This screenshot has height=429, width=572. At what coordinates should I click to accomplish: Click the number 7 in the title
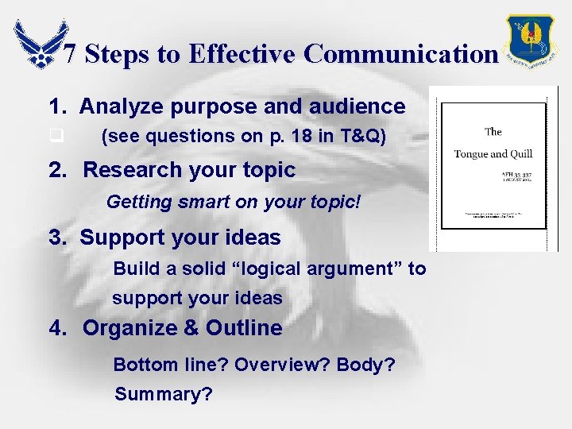(x=70, y=54)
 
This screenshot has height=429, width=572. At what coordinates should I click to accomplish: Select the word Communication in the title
(x=400, y=54)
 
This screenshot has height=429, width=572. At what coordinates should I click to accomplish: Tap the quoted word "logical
(x=262, y=269)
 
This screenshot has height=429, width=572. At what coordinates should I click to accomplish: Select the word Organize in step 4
(x=126, y=328)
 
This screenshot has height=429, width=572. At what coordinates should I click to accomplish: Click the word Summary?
(x=164, y=393)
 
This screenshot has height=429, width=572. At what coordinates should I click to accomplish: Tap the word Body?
(x=367, y=365)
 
